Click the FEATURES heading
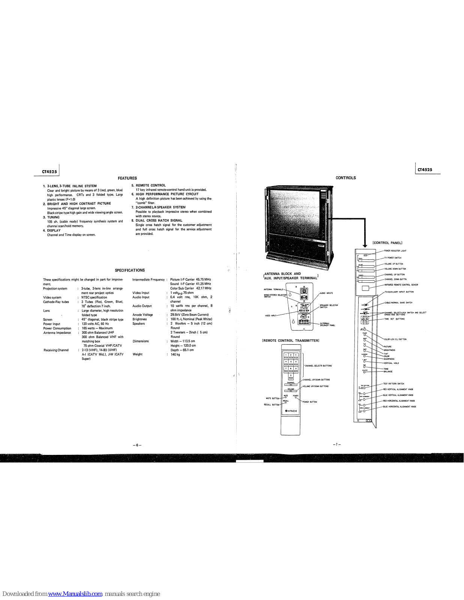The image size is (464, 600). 127,178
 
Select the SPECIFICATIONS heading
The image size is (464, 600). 129,270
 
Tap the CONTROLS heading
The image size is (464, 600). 345,178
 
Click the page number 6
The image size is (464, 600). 137,445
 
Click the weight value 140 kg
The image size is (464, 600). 175,354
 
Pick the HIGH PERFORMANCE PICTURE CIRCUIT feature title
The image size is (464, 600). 167,194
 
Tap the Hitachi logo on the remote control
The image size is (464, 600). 291,411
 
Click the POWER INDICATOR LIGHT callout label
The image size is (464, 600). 395,251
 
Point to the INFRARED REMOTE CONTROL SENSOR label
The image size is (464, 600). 401,285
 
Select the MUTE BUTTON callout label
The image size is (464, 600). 272,398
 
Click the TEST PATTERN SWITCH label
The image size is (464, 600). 393,384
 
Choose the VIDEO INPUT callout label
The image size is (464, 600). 270,316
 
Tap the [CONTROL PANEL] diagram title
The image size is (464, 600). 387,243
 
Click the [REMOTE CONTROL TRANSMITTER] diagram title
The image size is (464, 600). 290,340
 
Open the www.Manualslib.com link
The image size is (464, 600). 75,594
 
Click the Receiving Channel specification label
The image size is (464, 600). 56,350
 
